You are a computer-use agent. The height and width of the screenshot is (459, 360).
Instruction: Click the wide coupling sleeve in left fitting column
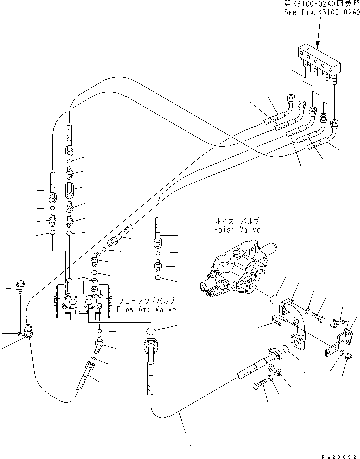coord(70,190)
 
